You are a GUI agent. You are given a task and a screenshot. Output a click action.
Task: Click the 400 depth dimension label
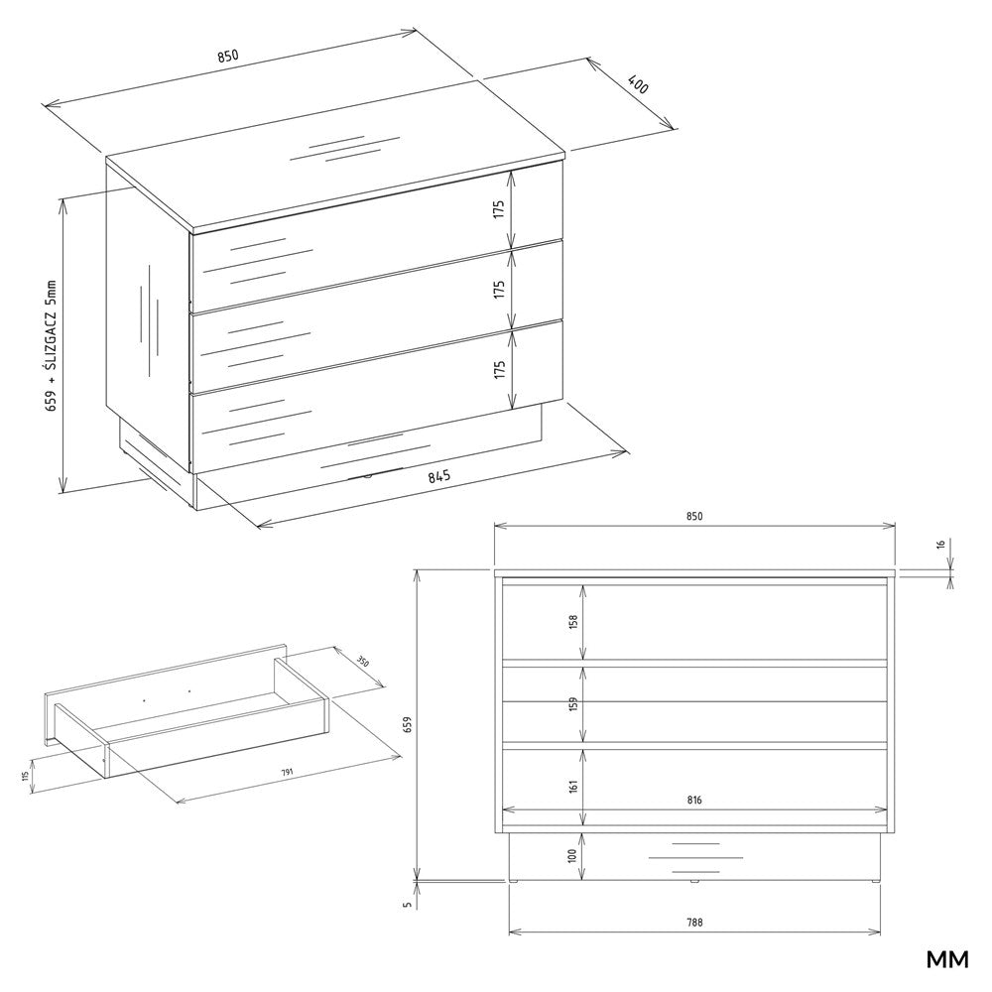638,84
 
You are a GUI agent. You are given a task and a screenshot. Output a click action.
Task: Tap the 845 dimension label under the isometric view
438,476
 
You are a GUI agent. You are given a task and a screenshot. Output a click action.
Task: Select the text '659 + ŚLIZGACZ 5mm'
52,346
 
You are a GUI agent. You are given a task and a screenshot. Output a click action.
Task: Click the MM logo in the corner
947,959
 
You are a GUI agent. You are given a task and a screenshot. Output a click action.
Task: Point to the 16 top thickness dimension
940,544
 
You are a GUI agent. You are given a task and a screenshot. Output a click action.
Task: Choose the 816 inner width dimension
694,800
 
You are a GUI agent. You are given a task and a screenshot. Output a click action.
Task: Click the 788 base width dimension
694,923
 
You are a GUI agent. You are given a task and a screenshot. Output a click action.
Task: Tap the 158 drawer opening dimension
573,621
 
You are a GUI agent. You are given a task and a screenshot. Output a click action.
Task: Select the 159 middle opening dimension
573,704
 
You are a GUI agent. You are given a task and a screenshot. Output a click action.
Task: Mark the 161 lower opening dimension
573,787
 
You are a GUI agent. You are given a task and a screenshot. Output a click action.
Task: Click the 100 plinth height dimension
572,856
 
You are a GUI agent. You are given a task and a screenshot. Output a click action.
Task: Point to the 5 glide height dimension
408,904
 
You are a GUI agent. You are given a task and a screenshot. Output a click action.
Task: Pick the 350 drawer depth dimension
362,663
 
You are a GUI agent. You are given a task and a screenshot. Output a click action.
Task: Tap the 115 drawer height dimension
27,776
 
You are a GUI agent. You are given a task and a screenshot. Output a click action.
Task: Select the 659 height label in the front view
408,725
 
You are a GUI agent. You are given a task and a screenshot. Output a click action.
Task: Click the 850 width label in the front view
694,516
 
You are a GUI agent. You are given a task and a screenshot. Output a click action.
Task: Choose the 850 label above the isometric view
228,56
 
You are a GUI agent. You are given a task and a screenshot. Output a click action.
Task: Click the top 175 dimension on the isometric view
499,209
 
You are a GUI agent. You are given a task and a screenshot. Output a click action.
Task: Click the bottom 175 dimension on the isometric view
500,370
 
